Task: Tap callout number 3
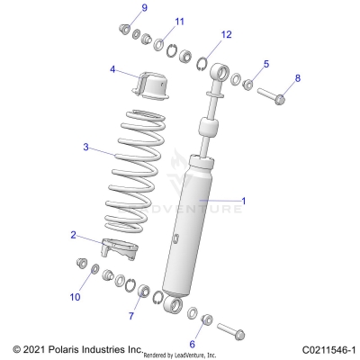(x=85, y=147)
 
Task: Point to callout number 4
(x=112, y=68)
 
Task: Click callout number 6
(x=192, y=342)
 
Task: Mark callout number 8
(x=299, y=79)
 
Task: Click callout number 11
(x=179, y=22)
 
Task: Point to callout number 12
(x=226, y=34)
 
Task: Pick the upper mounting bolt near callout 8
(x=271, y=94)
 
